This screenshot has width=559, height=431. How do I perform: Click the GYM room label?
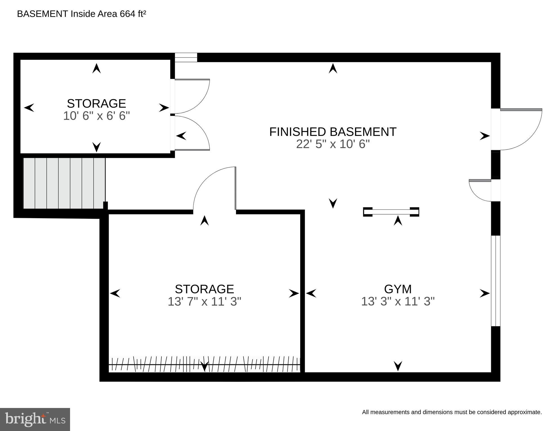[x=398, y=289]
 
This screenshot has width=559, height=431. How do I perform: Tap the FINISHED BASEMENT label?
[x=333, y=132]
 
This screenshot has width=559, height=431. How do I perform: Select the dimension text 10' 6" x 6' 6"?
[x=96, y=116]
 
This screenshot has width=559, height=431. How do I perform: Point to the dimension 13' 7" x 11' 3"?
[x=205, y=302]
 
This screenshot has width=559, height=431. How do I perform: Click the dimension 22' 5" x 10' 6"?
[x=333, y=144]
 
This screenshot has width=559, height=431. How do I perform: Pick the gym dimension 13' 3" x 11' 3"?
[x=398, y=302]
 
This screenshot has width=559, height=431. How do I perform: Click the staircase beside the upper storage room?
[x=64, y=183]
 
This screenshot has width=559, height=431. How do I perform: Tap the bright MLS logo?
[x=35, y=419]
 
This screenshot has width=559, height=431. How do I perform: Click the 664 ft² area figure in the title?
[x=133, y=14]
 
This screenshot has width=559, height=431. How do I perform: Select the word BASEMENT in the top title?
[x=42, y=14]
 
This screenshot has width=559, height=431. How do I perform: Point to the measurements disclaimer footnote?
[x=452, y=412]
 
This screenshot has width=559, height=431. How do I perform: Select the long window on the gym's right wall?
[x=496, y=281]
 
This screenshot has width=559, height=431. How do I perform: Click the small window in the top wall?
[x=186, y=58]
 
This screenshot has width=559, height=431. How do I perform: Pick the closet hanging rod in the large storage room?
[x=205, y=365]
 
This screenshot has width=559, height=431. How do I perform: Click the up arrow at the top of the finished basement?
[x=333, y=69]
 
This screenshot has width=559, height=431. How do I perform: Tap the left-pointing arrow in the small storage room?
[x=29, y=108]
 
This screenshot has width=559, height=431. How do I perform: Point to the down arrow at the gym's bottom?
[x=398, y=366]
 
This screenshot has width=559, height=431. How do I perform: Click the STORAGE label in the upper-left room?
[x=96, y=104]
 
